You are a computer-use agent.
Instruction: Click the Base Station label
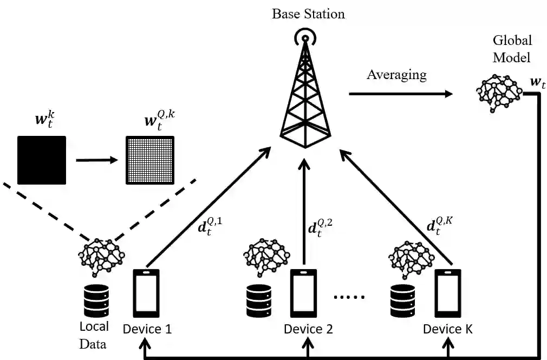click(x=308, y=14)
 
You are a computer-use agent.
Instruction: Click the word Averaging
click(x=396, y=74)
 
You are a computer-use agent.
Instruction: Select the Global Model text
click(x=512, y=49)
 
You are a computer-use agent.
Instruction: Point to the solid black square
click(x=42, y=160)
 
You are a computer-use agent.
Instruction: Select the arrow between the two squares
click(x=96, y=160)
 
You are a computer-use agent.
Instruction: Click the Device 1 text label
click(x=147, y=329)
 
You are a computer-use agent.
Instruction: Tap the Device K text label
click(x=448, y=329)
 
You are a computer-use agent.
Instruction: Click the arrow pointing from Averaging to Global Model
click(x=400, y=94)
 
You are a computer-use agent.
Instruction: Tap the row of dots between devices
click(x=349, y=297)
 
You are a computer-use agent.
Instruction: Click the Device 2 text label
click(x=308, y=329)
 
